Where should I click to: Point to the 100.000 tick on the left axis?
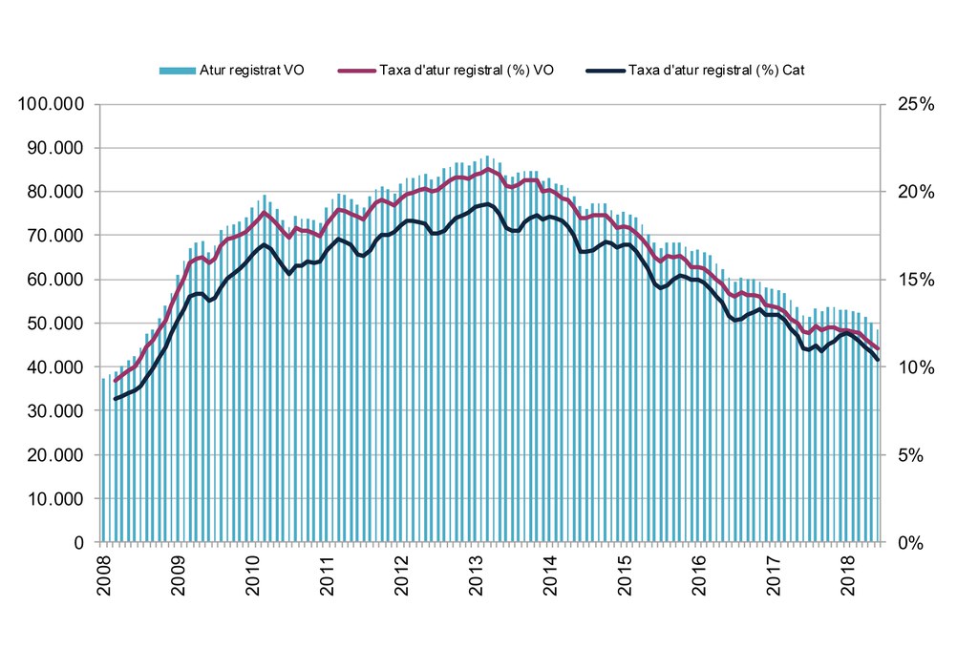pyautogui.click(x=52, y=104)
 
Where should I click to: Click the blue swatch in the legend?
pyautogui.click(x=178, y=71)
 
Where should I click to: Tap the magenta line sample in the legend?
pyautogui.click(x=355, y=71)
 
